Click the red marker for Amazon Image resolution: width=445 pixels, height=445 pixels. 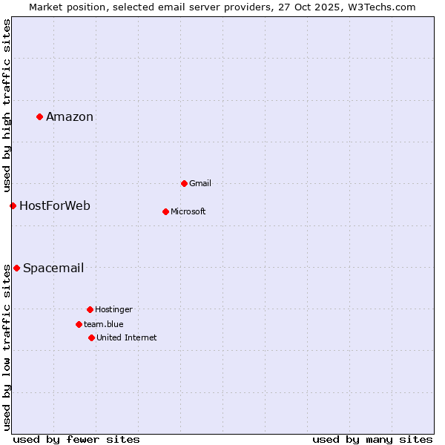click(39, 116)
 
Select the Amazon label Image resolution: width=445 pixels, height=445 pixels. click(70, 116)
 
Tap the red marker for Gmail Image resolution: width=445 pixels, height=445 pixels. click(184, 183)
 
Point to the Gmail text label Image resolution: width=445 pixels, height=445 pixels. click(200, 183)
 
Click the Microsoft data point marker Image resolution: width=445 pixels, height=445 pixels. click(165, 211)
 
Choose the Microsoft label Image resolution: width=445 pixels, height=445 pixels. click(188, 211)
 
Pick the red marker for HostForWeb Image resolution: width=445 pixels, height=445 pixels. click(13, 205)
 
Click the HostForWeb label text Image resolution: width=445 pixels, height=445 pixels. click(55, 205)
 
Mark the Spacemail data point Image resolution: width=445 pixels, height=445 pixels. click(16, 268)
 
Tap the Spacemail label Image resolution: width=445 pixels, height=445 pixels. click(53, 268)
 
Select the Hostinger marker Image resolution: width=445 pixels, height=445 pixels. click(90, 309)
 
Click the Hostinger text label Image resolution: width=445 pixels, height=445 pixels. click(113, 309)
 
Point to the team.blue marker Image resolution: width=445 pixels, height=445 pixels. click(79, 324)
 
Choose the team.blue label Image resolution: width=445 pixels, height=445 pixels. click(104, 324)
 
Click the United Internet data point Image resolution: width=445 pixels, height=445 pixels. click(91, 337)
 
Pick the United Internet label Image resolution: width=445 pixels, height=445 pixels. click(127, 337)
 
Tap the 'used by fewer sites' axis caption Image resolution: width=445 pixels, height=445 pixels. click(76, 439)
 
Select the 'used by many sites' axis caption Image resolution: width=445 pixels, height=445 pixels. click(372, 439)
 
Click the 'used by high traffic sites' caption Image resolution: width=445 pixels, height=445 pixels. click(7, 104)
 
